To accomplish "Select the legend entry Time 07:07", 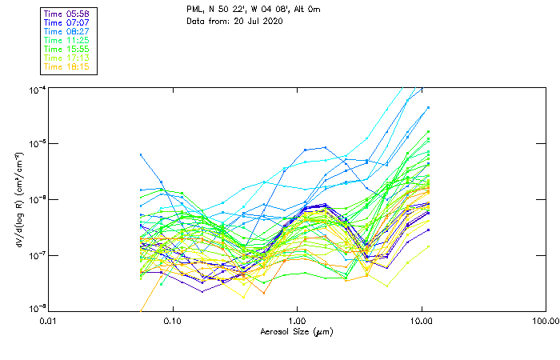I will pyautogui.click(x=67, y=23).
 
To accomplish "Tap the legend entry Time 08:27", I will pyautogui.click(x=67, y=31).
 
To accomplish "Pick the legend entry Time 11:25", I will pyautogui.click(x=67, y=40).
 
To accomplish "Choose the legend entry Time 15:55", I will pyautogui.click(x=67, y=49).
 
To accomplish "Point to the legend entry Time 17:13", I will pyautogui.click(x=67, y=58).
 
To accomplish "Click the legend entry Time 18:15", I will pyautogui.click(x=67, y=66).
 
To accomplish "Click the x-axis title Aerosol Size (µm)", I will pyautogui.click(x=297, y=331).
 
